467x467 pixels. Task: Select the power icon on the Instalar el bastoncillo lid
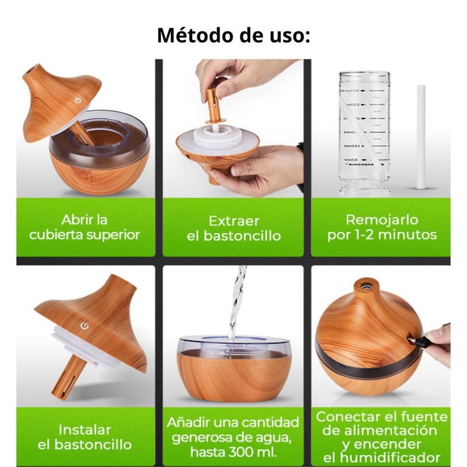point(85,326)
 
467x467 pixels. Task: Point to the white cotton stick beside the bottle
point(420,137)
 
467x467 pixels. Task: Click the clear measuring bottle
point(364,134)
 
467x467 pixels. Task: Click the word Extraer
point(233,221)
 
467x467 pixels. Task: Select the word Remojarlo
point(382,220)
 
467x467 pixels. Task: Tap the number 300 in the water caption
point(240,452)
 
